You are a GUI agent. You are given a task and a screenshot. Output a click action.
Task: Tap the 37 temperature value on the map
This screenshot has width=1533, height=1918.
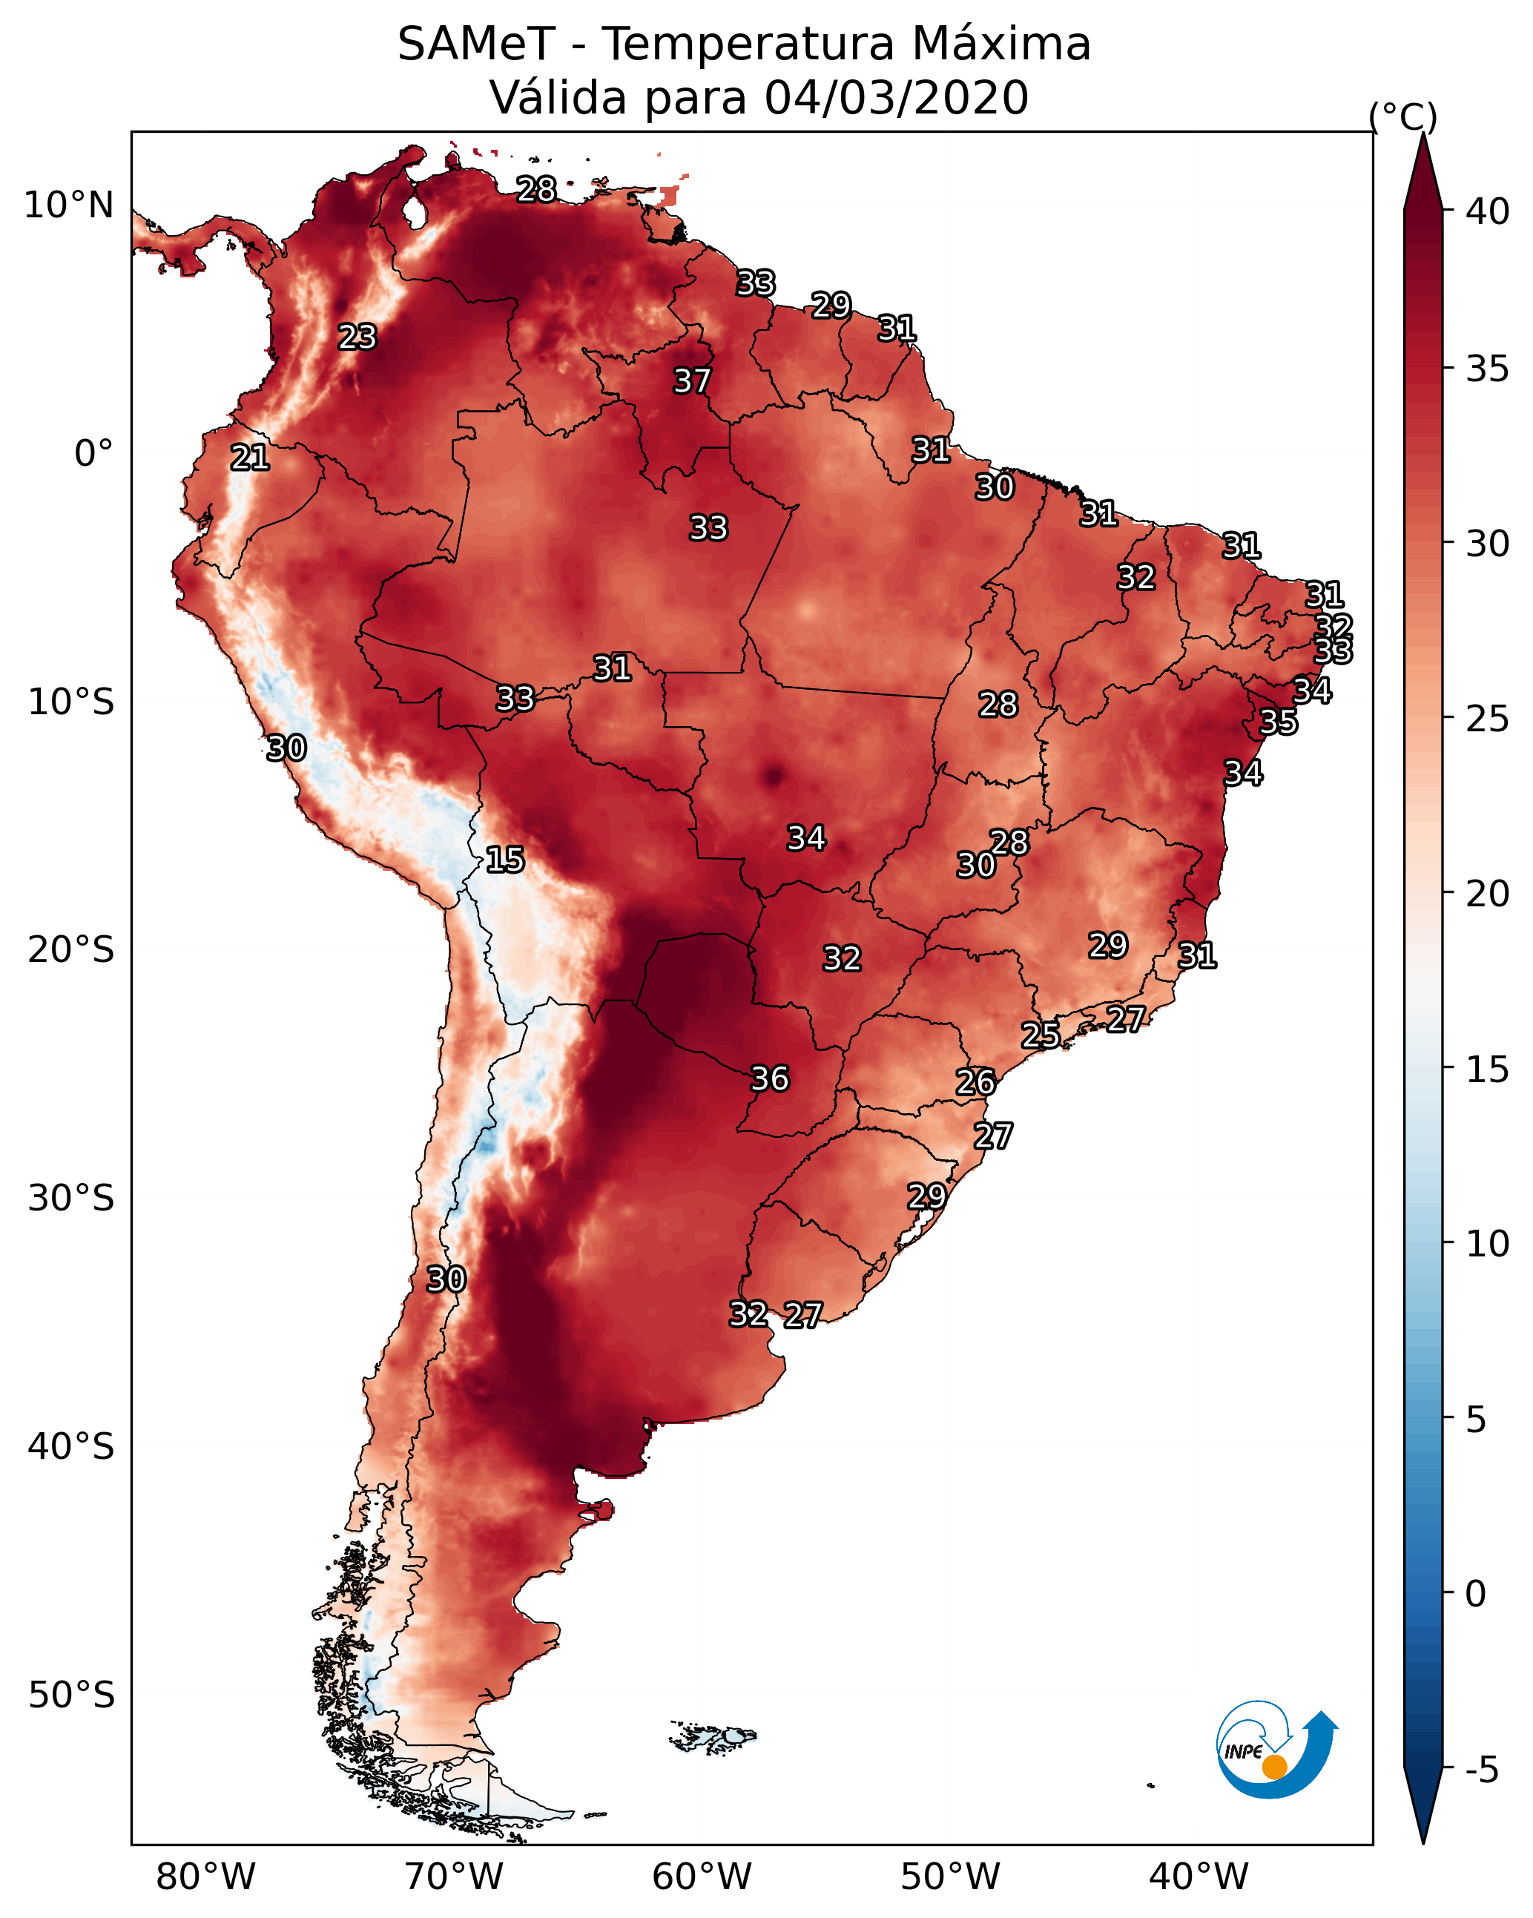(x=691, y=380)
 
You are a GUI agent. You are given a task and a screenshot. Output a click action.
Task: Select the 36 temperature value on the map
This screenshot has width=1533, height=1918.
(x=770, y=1078)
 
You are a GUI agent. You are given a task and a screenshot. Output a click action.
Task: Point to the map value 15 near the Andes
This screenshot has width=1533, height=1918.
(x=504, y=860)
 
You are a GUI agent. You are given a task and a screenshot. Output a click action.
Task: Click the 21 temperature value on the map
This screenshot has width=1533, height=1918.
(x=249, y=458)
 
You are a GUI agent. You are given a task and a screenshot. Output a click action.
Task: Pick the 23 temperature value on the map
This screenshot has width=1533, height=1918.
(x=357, y=336)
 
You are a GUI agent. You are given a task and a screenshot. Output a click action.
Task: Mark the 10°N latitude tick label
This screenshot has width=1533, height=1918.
(x=68, y=205)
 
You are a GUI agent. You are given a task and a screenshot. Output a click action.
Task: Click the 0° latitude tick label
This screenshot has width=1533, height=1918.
(x=94, y=454)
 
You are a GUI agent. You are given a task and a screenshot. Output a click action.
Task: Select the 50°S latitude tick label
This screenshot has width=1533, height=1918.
(x=71, y=1695)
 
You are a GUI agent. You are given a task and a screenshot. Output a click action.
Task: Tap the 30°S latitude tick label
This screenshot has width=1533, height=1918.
(x=71, y=1199)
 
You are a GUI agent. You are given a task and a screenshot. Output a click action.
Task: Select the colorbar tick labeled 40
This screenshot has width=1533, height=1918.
(x=1488, y=211)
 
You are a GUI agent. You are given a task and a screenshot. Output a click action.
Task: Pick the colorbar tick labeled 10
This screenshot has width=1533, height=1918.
(x=1488, y=1244)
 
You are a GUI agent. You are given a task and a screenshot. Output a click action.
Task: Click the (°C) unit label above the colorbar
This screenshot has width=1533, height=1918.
(x=1402, y=116)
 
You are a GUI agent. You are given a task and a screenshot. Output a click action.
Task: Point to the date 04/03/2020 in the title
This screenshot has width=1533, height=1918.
(x=896, y=97)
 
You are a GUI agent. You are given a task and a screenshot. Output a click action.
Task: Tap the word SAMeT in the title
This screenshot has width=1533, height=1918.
(x=476, y=44)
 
